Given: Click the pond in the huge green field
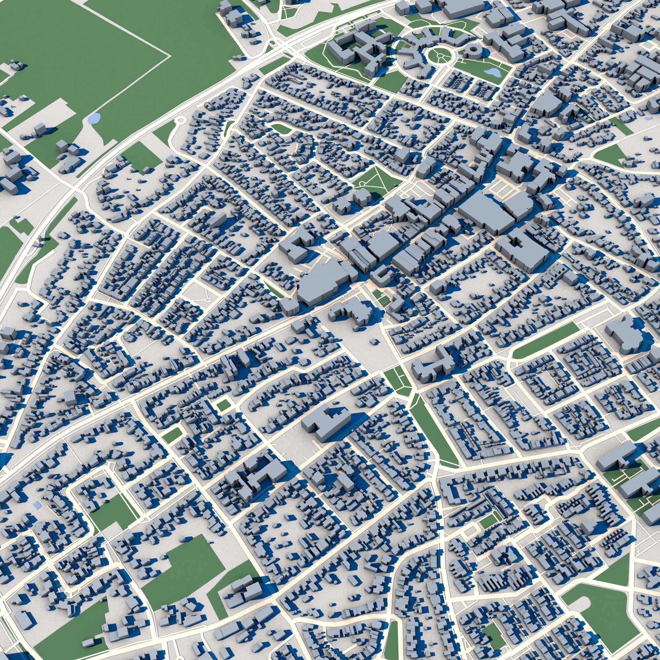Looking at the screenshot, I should [x=94, y=118].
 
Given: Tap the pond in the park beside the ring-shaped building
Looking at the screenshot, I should [x=492, y=72].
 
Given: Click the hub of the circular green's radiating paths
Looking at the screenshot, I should [x=440, y=55].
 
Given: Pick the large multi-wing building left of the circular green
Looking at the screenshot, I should [x=359, y=51].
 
